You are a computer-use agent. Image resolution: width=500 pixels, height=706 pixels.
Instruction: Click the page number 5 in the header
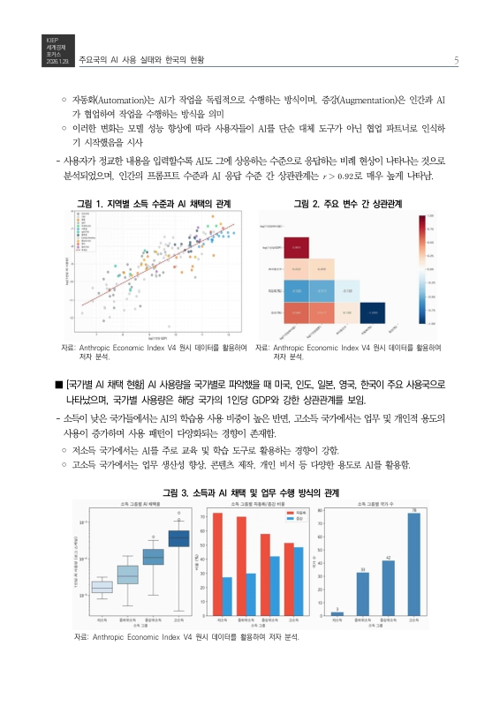[x=454, y=60]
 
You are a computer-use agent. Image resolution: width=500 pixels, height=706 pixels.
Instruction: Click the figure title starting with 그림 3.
[x=250, y=492]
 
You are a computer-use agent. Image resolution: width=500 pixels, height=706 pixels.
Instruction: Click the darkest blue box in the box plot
[x=178, y=537]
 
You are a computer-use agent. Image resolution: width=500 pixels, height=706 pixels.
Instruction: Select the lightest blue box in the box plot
[x=102, y=587]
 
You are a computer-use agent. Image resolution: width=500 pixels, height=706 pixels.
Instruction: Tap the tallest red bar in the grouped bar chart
[x=217, y=563]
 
